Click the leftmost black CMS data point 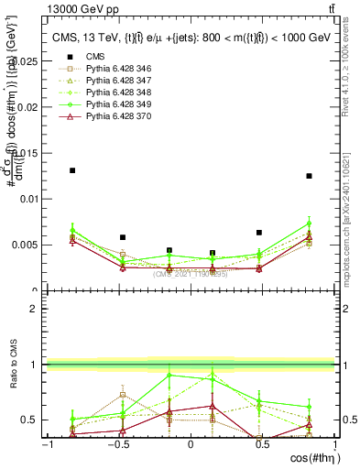tap(72, 170)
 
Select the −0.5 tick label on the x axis tap(117, 444)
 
